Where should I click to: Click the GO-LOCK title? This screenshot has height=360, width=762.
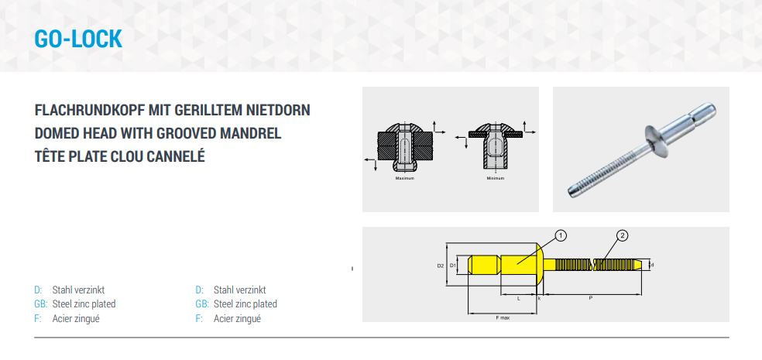tap(78, 39)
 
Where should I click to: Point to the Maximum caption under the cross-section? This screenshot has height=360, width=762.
tap(405, 178)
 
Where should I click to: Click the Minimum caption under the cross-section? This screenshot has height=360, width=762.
tap(495, 178)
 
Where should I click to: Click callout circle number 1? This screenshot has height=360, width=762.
tap(561, 236)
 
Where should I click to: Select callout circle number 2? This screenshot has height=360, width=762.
tap(622, 236)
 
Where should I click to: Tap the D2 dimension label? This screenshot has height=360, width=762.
tap(441, 266)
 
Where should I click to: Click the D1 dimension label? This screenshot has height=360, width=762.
tap(452, 266)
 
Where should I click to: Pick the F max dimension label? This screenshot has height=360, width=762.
tap(503, 317)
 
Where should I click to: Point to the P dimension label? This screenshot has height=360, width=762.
tap(590, 298)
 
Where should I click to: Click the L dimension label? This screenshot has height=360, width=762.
tap(519, 298)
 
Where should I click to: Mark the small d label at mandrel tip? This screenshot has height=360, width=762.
tap(652, 265)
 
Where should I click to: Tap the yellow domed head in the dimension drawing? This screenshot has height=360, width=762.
tap(539, 266)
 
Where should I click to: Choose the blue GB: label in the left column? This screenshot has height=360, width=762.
tap(41, 304)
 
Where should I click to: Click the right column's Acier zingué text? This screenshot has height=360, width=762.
tap(237, 319)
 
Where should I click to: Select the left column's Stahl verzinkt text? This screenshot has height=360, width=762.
tap(78, 290)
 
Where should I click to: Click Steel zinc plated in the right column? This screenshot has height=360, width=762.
tap(245, 304)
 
